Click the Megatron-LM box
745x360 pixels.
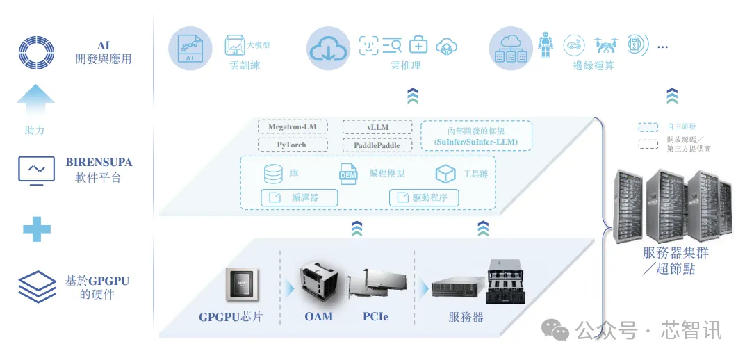(292, 126)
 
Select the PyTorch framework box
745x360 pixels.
(292, 145)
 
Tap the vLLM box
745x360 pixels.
(377, 126)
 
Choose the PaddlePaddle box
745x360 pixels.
(377, 145)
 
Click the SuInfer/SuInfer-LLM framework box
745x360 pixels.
(476, 136)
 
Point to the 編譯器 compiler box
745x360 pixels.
(299, 197)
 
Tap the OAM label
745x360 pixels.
(318, 316)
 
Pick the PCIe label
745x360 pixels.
(375, 316)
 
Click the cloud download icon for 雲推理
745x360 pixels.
(329, 47)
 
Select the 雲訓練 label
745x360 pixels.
(245, 66)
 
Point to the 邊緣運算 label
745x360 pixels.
(593, 66)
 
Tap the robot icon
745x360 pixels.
(547, 44)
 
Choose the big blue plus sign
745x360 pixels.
(37, 229)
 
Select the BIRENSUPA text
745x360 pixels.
(99, 163)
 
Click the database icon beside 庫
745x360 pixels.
(273, 174)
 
